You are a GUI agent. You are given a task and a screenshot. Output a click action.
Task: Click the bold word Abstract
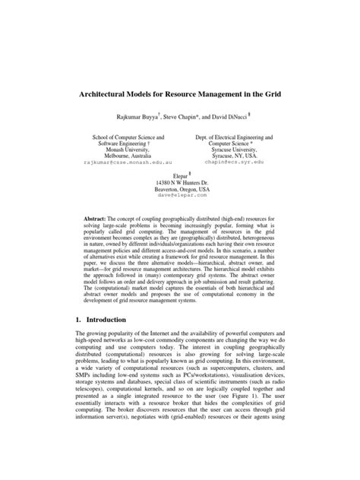click(98, 217)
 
